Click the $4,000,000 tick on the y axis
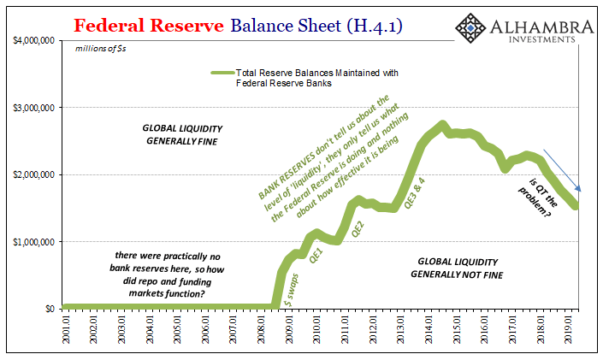click(x=33, y=40)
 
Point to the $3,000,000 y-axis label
click(x=33, y=107)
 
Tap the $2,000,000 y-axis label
click(x=33, y=174)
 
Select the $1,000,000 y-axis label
click(x=33, y=241)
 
